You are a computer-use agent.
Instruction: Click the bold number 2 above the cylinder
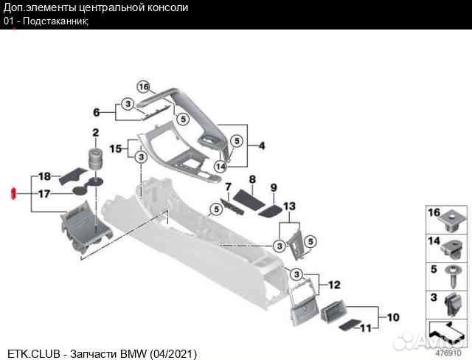[x=94, y=133]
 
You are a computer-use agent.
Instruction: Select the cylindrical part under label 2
[x=94, y=158]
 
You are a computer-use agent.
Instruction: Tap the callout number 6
[x=96, y=112]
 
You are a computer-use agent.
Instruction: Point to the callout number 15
[x=115, y=148]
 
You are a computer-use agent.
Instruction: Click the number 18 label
[x=44, y=176]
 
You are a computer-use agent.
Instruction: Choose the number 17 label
[x=44, y=194]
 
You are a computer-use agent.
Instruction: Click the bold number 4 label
[x=260, y=146]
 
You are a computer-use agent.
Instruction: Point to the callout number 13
[x=289, y=205]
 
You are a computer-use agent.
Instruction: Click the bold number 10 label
[x=393, y=318]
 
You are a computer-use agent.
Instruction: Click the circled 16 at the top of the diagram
[x=143, y=86]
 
